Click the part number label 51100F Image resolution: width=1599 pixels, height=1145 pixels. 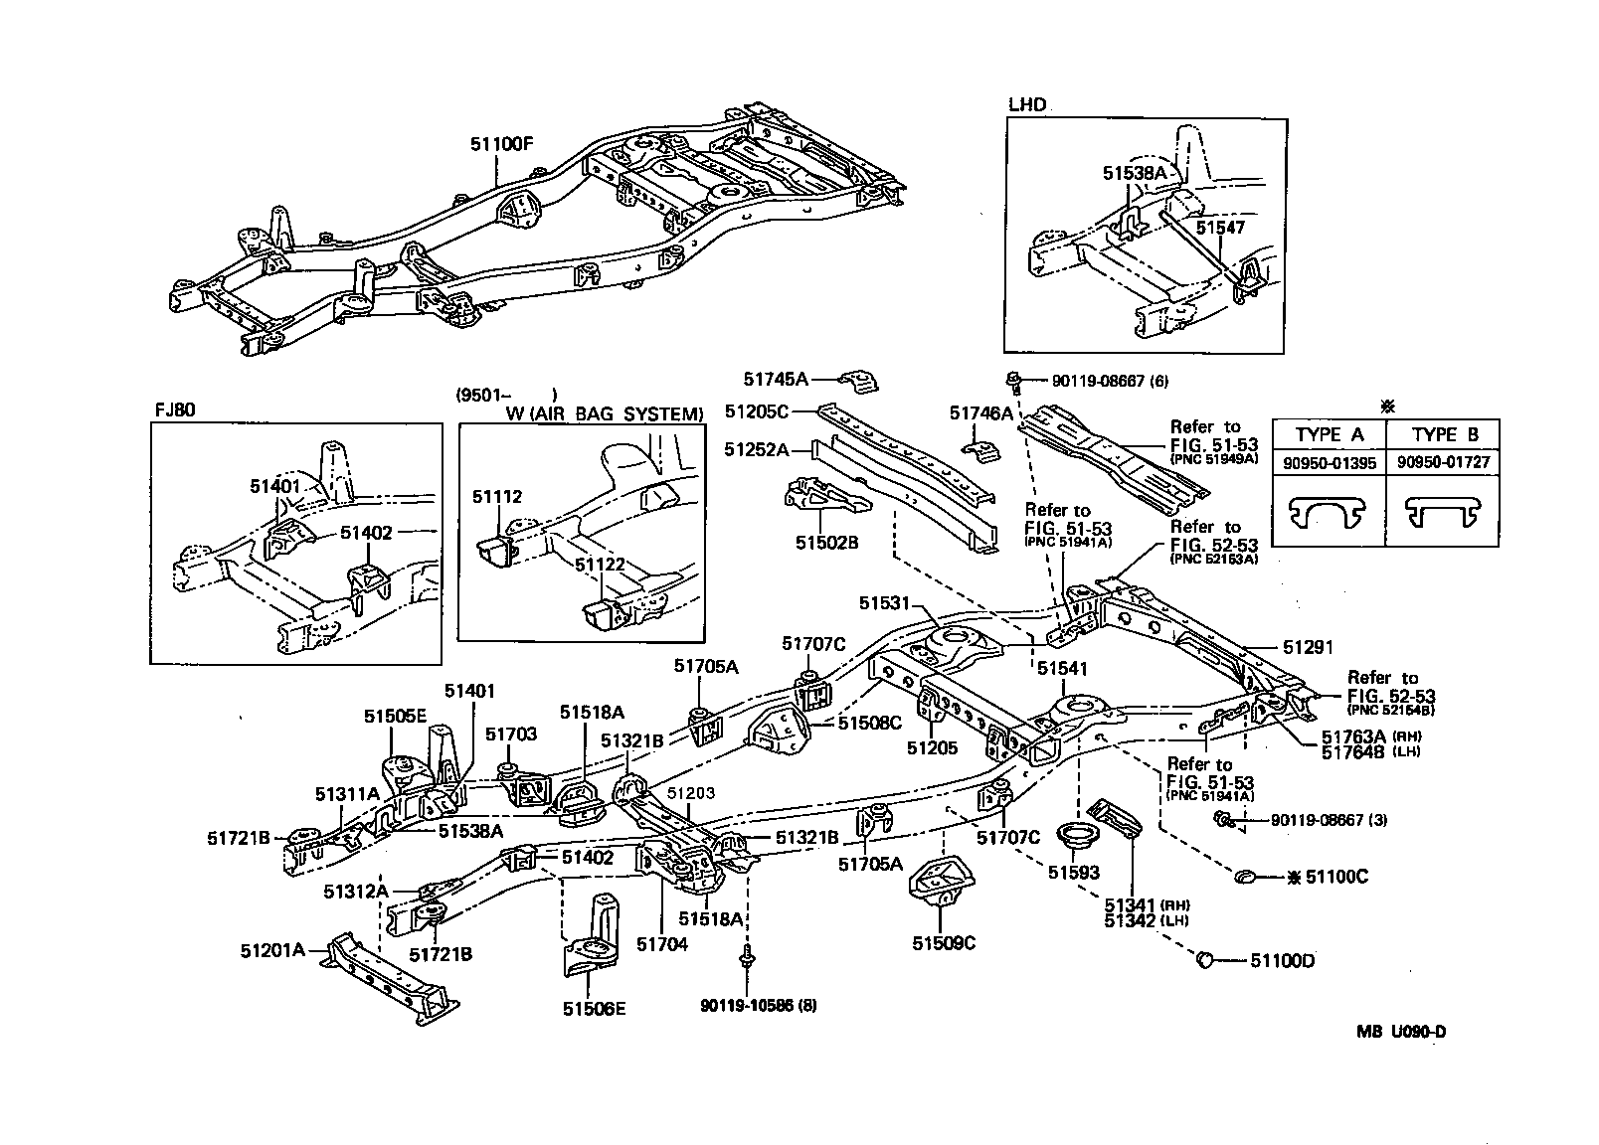coord(502,143)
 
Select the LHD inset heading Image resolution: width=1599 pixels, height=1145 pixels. coord(1027,104)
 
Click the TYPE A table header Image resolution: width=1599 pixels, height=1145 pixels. coord(1330,434)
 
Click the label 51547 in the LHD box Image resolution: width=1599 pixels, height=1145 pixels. coord(1220,228)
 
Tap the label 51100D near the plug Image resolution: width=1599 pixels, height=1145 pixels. coord(1282,960)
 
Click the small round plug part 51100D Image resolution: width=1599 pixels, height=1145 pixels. coord(1203,959)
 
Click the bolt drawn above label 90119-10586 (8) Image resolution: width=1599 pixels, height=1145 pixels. coord(746,960)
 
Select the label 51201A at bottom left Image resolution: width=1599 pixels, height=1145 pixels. coord(272,949)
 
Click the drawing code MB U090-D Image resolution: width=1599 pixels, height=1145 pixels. coord(1400,1032)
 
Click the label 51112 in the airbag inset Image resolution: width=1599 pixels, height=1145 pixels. coord(497,497)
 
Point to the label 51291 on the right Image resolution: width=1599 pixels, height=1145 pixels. coord(1308,646)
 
